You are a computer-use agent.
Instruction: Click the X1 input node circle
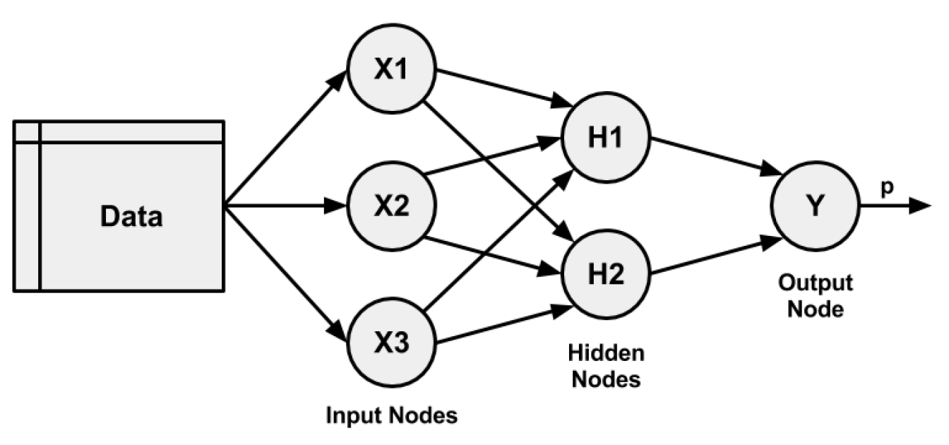[392, 72]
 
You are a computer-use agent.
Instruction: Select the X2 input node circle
[392, 207]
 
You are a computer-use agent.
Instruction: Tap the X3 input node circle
[392, 342]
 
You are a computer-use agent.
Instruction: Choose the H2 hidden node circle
[606, 274]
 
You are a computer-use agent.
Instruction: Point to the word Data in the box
[131, 217]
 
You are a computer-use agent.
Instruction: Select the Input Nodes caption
[391, 415]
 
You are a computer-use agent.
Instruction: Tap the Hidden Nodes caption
[606, 365]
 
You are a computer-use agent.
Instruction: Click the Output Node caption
[816, 297]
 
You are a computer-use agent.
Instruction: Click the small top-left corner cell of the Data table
[26, 131]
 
